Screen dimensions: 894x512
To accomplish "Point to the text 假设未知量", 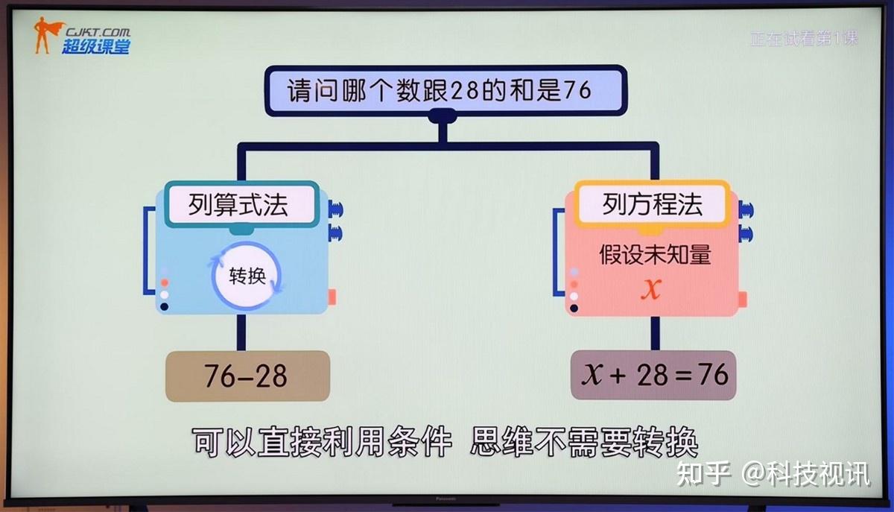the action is [655, 255].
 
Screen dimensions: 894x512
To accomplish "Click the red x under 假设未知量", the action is [651, 289].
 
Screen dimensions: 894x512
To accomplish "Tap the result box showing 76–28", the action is [247, 376].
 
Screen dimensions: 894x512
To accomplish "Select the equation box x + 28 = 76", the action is [653, 374].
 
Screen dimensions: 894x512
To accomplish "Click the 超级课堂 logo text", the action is [95, 45].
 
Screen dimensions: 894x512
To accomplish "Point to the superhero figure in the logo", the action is [45, 36].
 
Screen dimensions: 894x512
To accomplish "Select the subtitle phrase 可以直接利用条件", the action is [322, 443].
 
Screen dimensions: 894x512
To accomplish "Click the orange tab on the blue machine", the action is [332, 297].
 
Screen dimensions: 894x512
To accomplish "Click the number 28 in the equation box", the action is [652, 374].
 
